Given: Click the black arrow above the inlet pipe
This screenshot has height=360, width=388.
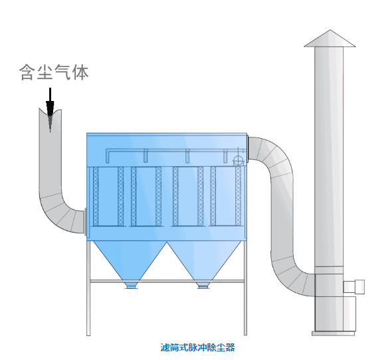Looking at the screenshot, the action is click(x=50, y=109).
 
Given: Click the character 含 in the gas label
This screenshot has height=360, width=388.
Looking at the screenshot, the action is click(x=27, y=72).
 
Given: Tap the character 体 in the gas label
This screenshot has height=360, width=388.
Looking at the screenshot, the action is click(x=80, y=72).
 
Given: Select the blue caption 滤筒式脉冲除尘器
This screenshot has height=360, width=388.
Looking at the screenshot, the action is click(x=197, y=347).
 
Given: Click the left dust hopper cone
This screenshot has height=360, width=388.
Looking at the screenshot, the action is click(x=130, y=261).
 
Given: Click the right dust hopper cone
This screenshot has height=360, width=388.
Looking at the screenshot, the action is click(x=204, y=261).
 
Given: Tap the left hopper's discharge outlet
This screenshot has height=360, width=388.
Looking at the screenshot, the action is click(x=131, y=286).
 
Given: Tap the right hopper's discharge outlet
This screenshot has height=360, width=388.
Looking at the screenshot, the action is click(x=203, y=286).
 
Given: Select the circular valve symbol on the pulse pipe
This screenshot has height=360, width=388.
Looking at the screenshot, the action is click(x=239, y=161).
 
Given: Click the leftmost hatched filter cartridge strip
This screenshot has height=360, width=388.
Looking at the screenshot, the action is click(x=96, y=197).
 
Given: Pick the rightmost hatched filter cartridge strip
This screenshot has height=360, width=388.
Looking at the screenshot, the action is click(x=238, y=197).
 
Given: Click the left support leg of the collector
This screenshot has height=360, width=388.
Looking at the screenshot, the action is click(x=88, y=288).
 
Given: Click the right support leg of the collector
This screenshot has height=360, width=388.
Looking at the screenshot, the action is click(x=245, y=288).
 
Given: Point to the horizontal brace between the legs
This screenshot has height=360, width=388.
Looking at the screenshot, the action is click(x=167, y=281).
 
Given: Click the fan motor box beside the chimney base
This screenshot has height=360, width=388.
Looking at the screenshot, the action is click(x=354, y=287).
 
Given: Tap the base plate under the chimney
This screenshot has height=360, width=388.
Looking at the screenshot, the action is click(x=333, y=333).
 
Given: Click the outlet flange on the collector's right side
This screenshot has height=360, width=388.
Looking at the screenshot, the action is click(x=247, y=148).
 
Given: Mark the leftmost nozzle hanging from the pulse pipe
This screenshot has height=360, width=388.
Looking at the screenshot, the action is click(x=145, y=156).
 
